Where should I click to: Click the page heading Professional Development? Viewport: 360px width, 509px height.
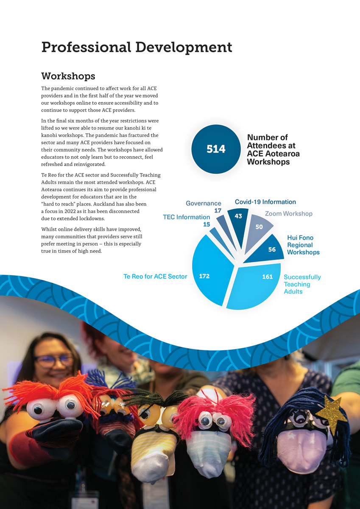click(x=137, y=47)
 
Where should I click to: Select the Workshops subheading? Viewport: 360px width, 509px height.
click(x=68, y=76)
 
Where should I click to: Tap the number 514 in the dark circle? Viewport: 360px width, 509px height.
click(x=216, y=149)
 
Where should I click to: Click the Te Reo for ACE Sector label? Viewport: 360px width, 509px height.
click(x=155, y=277)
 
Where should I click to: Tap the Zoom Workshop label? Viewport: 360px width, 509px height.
click(x=288, y=214)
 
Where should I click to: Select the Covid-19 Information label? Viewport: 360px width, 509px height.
click(x=265, y=202)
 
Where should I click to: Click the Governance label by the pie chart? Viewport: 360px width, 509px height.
click(x=204, y=204)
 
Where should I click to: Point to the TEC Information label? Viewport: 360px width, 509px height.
click(x=186, y=217)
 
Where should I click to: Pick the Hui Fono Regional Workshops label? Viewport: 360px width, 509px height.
click(x=303, y=245)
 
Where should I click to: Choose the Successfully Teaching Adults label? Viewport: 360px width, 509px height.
click(x=302, y=284)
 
